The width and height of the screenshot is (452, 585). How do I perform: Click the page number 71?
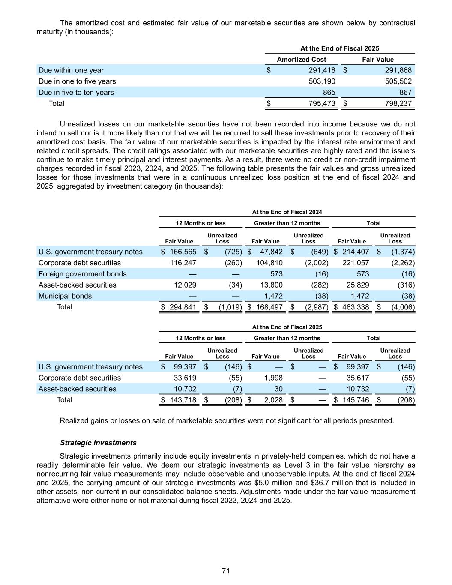click(x=226, y=571)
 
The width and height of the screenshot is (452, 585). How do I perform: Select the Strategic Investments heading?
click(x=98, y=443)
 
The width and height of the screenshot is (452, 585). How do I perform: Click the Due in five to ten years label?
click(x=76, y=93)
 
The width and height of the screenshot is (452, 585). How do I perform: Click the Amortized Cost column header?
click(x=302, y=60)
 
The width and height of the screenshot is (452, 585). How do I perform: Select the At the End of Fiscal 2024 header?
click(x=287, y=212)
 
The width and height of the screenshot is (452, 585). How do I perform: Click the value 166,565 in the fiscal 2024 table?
click(x=183, y=252)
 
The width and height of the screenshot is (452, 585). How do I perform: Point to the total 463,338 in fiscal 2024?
click(x=356, y=307)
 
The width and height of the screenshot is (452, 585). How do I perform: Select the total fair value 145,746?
click(x=356, y=400)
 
